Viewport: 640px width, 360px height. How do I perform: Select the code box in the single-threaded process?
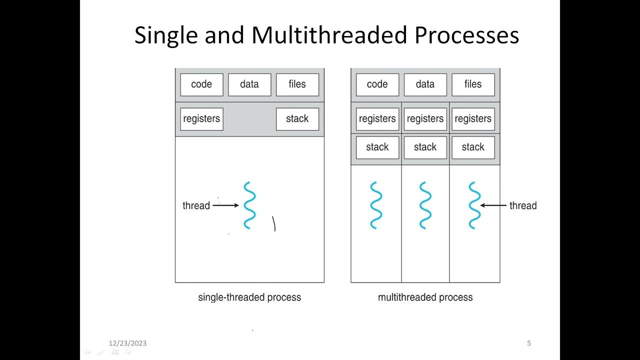click(x=201, y=84)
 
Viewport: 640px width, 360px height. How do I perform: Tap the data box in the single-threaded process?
click(x=249, y=84)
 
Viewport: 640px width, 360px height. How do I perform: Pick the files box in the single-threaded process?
click(x=297, y=84)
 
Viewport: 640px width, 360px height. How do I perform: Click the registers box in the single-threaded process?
click(x=201, y=119)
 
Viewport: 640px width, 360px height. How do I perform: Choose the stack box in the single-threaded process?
click(x=297, y=119)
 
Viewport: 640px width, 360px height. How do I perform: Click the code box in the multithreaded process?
click(x=377, y=84)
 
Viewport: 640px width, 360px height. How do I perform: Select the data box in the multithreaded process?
click(x=425, y=84)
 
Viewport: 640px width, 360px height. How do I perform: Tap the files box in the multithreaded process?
click(x=473, y=84)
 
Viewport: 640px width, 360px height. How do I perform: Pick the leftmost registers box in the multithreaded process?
click(x=377, y=119)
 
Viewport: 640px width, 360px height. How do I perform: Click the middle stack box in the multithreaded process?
click(x=425, y=147)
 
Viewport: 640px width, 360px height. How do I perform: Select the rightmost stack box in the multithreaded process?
click(x=473, y=147)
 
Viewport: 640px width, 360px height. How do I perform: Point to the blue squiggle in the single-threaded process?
click(x=249, y=205)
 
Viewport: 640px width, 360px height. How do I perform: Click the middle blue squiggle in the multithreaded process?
click(x=425, y=205)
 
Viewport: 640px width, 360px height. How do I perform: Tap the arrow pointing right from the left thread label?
click(x=225, y=205)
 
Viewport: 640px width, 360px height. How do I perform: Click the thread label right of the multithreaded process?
click(x=523, y=205)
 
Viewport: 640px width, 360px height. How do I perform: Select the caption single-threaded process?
click(x=249, y=297)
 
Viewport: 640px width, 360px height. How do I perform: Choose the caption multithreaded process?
click(x=425, y=297)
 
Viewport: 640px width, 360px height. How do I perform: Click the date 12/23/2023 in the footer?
click(x=127, y=343)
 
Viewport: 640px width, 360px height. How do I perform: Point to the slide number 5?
click(x=529, y=343)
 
